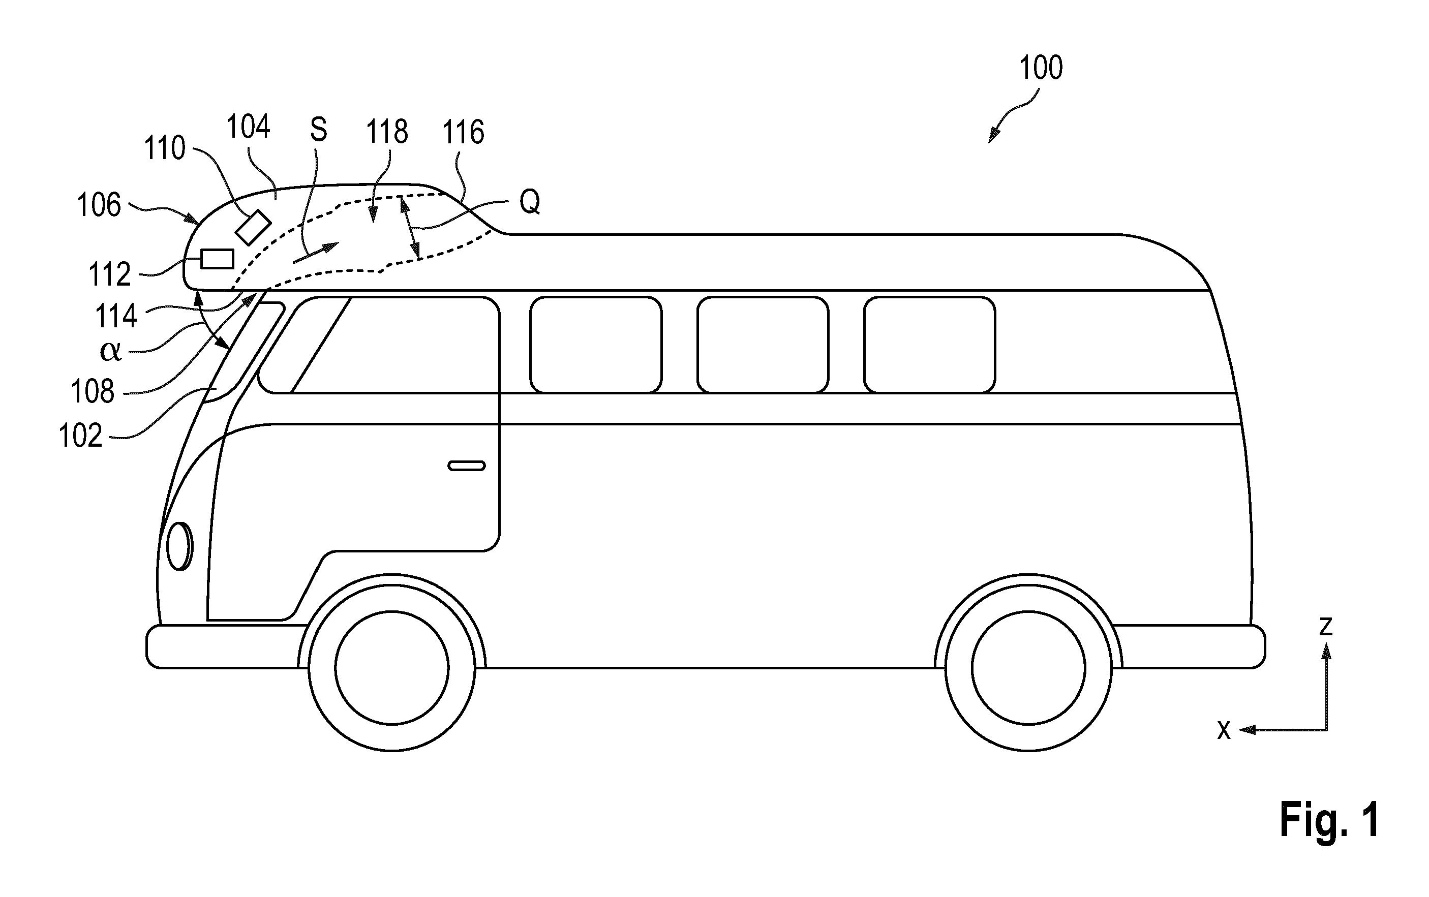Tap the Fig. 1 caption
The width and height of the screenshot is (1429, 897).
(1329, 819)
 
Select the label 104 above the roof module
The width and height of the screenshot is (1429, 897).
(248, 127)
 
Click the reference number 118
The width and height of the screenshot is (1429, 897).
(387, 132)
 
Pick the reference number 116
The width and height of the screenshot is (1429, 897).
(464, 132)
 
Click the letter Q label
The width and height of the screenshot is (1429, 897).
(530, 202)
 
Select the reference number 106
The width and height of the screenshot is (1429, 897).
(99, 205)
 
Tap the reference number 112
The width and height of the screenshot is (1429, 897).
(110, 274)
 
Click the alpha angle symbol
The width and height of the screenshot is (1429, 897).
(111, 351)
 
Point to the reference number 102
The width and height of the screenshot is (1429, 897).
(81, 436)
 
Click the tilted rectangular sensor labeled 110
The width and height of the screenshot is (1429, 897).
(253, 227)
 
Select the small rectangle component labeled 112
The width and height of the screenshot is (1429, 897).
(217, 259)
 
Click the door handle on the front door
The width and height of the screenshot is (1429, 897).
(467, 466)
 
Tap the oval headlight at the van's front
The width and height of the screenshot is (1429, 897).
(180, 546)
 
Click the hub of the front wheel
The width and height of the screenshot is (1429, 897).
(391, 667)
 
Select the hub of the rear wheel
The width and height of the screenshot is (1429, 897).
(1028, 667)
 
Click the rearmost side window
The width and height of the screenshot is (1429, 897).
(929, 345)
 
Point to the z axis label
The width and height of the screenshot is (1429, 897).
(1326, 627)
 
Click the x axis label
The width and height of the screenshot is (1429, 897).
(1224, 730)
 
